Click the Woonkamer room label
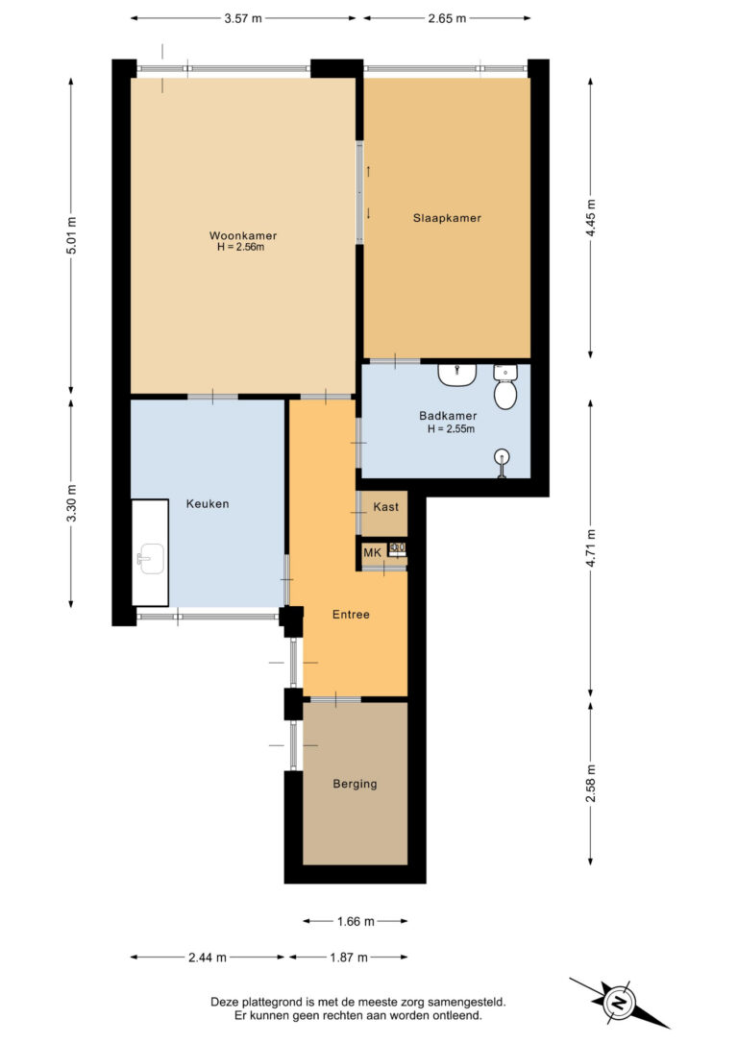243,235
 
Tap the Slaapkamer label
447,217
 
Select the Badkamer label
448,416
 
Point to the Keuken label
208,503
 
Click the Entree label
351,614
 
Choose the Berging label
355,784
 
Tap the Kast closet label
386,507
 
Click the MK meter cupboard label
372,552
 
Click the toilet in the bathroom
505,387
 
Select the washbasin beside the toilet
456,375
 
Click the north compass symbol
618,1002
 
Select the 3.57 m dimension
243,18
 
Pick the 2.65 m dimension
447,18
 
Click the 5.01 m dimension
72,235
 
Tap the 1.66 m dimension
356,921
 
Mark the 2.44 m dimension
207,958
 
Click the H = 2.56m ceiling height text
240,248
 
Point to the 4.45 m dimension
590,217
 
